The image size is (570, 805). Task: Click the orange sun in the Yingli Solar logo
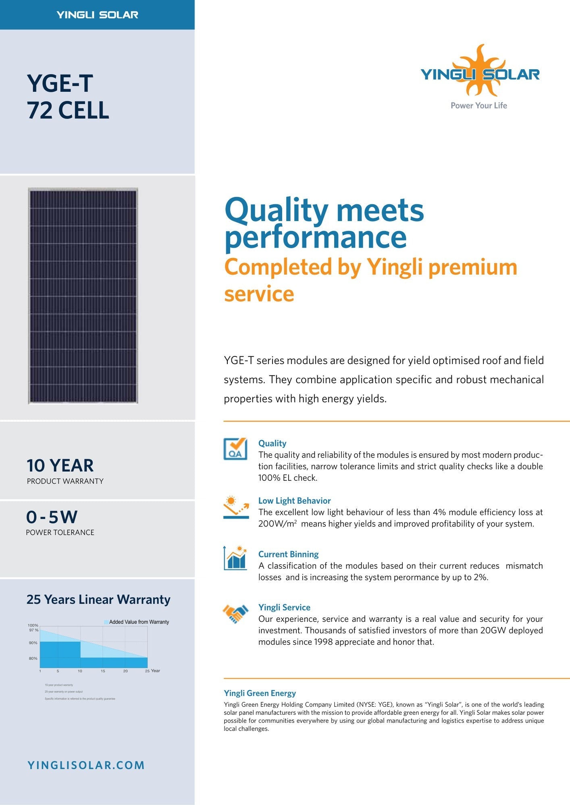(x=480, y=60)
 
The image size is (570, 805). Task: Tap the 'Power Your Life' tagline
(x=478, y=106)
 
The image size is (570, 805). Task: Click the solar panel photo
(x=83, y=296)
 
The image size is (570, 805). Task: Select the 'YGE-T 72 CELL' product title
(x=68, y=97)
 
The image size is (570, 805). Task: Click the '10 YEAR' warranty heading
(x=60, y=466)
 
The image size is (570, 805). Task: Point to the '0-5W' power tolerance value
(x=52, y=517)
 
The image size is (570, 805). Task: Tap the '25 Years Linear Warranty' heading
(x=98, y=599)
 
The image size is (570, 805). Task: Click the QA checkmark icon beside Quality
(x=235, y=449)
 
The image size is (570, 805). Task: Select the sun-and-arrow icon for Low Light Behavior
(x=236, y=507)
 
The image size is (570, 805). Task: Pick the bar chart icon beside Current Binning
(x=235, y=558)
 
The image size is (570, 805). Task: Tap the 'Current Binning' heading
(x=288, y=554)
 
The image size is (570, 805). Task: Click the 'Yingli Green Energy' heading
(x=260, y=693)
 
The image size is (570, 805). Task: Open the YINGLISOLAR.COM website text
(x=86, y=765)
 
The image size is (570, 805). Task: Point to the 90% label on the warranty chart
(x=33, y=643)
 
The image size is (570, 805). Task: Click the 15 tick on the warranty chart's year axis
(x=103, y=671)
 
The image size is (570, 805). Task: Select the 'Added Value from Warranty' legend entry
(x=137, y=622)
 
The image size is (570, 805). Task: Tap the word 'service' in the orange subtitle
(x=259, y=294)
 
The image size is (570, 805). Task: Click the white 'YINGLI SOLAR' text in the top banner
(x=97, y=15)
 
